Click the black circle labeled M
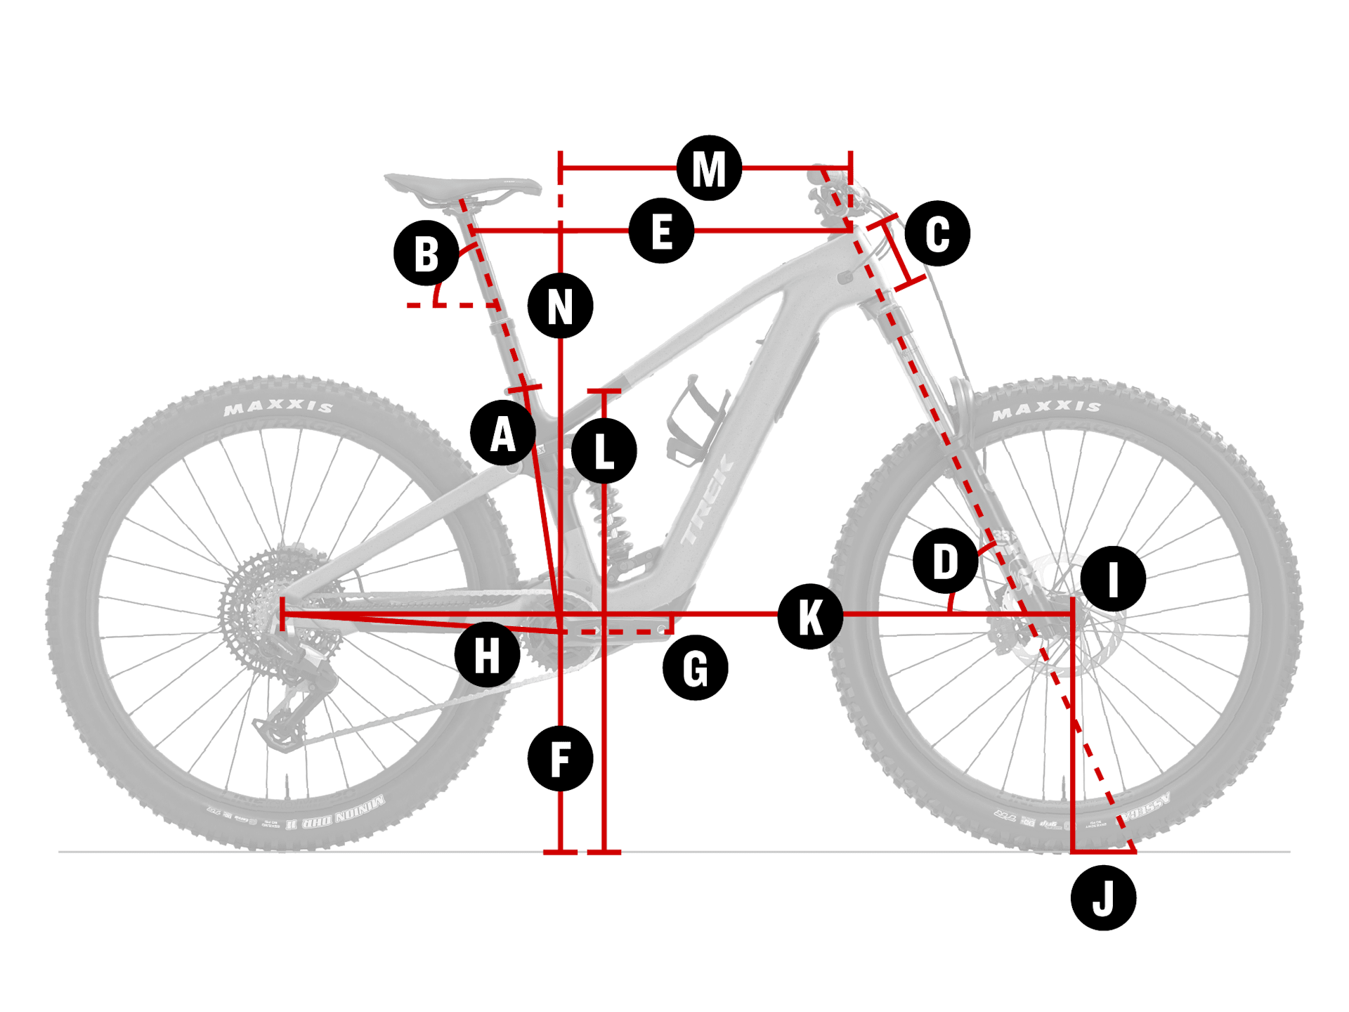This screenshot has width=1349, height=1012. [709, 169]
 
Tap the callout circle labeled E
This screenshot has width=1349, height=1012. [661, 231]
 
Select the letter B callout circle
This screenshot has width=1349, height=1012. [426, 253]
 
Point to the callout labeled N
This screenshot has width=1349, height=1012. [560, 306]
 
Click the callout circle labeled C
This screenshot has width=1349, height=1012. [937, 233]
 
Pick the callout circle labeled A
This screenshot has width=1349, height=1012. [502, 433]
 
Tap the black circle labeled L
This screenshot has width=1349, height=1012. [604, 450]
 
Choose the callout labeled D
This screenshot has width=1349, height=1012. [945, 561]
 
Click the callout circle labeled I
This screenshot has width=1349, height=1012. [1113, 578]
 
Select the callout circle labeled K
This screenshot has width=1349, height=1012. [810, 616]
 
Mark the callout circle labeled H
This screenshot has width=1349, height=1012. [487, 654]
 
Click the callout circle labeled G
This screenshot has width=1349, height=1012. [695, 668]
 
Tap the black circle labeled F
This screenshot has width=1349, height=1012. [560, 759]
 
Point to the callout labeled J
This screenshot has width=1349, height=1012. [1103, 897]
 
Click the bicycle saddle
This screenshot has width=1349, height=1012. [464, 187]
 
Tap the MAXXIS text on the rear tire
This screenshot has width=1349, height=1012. [278, 407]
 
